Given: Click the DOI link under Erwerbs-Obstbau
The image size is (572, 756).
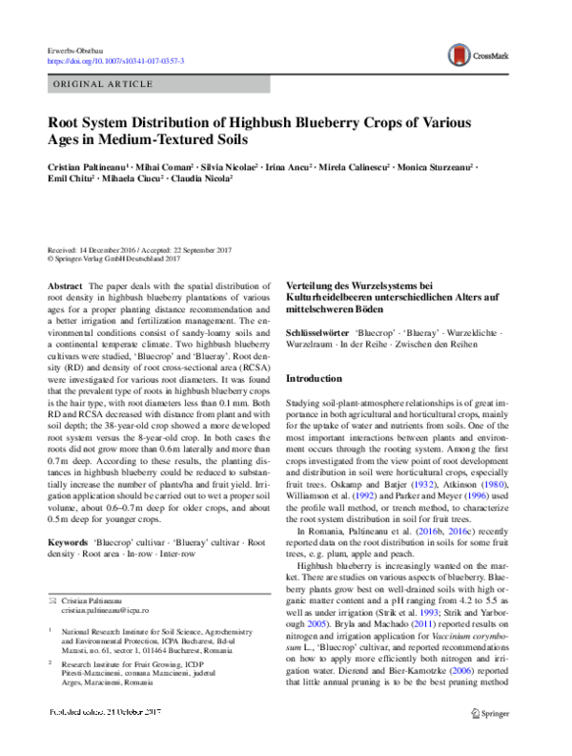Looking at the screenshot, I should coord(115,61).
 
